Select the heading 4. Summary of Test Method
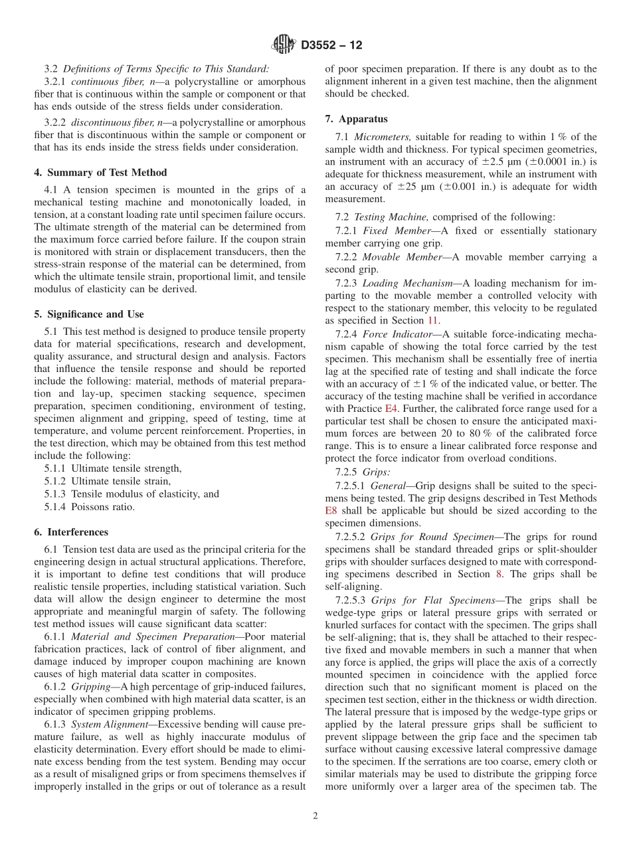coord(100,173)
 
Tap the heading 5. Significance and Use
coord(88,314)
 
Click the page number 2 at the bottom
coord(315,816)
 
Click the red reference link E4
coord(392,408)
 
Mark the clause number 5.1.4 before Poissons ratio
coord(56,507)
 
